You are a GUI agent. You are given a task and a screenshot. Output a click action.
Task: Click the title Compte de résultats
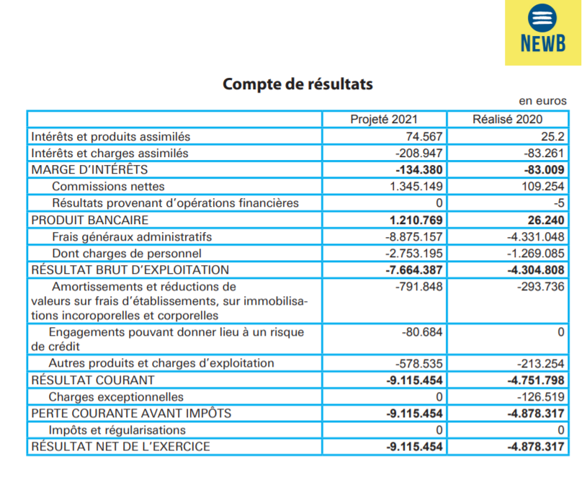coord(297,84)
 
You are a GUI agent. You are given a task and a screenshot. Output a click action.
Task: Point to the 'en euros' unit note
coord(542,101)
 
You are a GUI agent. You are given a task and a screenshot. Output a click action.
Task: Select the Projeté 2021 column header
coord(383,120)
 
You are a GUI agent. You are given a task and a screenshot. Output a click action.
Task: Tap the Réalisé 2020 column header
coord(508,120)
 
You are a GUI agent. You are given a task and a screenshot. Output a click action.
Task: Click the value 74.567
coord(424,136)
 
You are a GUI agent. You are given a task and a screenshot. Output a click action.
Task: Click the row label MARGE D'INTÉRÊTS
coord(89,170)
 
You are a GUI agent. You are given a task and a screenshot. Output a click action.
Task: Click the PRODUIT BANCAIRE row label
coord(90,220)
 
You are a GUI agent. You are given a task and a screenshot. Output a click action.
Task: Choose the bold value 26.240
coord(545,220)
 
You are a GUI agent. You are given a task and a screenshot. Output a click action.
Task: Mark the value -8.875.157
coord(412,236)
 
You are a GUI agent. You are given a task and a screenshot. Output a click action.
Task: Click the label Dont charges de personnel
coord(127,253)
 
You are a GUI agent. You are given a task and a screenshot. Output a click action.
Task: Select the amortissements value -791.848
coord(419,287)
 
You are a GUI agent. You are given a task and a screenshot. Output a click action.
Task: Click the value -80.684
coord(422,332)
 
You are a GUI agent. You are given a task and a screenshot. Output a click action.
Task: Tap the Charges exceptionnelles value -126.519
coord(539,397)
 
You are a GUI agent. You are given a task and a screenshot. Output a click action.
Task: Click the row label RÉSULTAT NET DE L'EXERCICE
coord(120,447)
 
